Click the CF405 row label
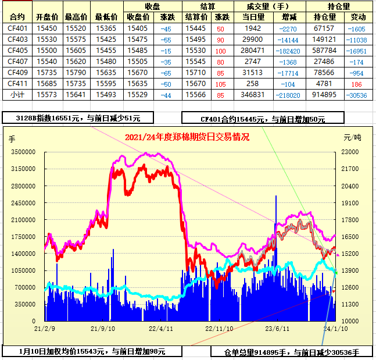pos(17,51)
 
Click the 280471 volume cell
pos(253,51)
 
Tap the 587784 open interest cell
pos(324,51)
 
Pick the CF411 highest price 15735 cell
pos(76,84)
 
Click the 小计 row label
pos(17,95)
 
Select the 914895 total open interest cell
pos(324,95)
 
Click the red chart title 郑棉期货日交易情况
pos(187,137)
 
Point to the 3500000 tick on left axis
pos(23,152)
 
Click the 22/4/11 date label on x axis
pos(160,329)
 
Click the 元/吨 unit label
pos(352,138)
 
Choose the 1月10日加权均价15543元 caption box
pos(92,351)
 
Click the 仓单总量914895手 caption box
pos(292,352)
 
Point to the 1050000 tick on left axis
pos(23,270)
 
